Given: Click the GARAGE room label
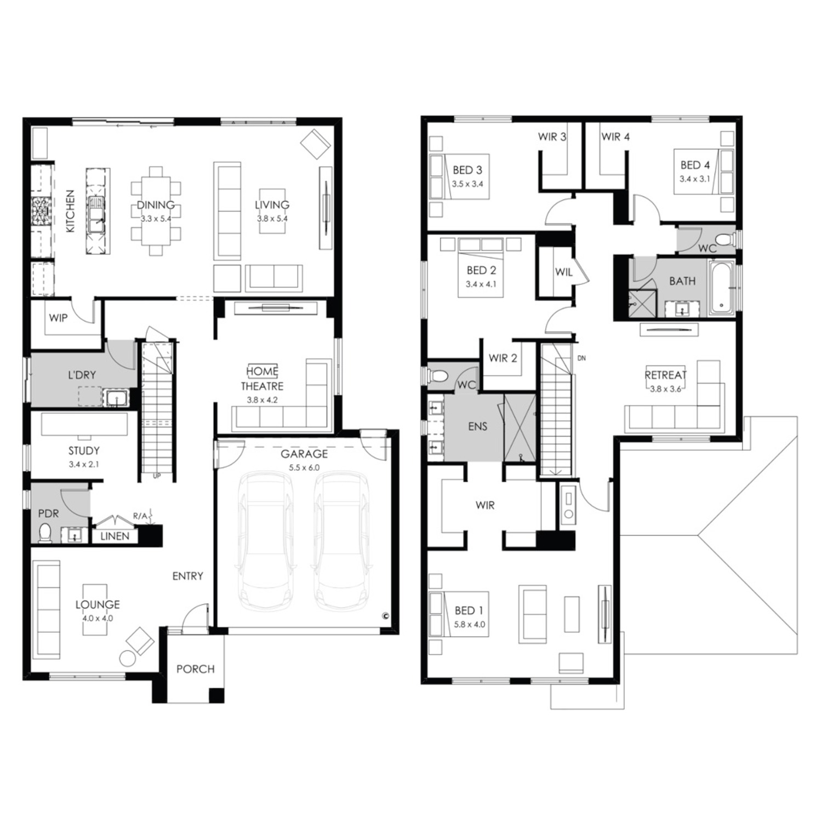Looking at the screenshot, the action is pyautogui.click(x=304, y=454).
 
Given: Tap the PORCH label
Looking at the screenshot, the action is pyautogui.click(x=196, y=669).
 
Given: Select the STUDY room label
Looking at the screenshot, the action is pyautogui.click(x=84, y=451).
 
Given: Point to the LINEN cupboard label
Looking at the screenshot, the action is pyautogui.click(x=115, y=536).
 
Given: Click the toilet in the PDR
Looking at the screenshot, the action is pyautogui.click(x=45, y=533).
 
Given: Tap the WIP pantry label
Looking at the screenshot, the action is pyautogui.click(x=58, y=318).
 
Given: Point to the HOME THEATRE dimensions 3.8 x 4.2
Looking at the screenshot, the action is pyautogui.click(x=262, y=400).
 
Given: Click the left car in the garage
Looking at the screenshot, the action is pyautogui.click(x=265, y=540).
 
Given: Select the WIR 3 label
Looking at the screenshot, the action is pyautogui.click(x=552, y=136).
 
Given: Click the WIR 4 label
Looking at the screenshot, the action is pyautogui.click(x=615, y=136).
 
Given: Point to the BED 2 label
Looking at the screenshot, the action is pyautogui.click(x=481, y=270).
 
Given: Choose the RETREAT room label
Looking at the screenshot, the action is pyautogui.click(x=665, y=375).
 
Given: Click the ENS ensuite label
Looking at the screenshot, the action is pyautogui.click(x=478, y=426).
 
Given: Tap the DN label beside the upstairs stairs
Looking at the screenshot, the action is pyautogui.click(x=581, y=358).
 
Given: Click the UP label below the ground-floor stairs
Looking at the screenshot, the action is pyautogui.click(x=157, y=476).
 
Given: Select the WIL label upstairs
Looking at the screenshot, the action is pyautogui.click(x=564, y=272).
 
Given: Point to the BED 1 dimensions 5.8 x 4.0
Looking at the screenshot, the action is pyautogui.click(x=470, y=625).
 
